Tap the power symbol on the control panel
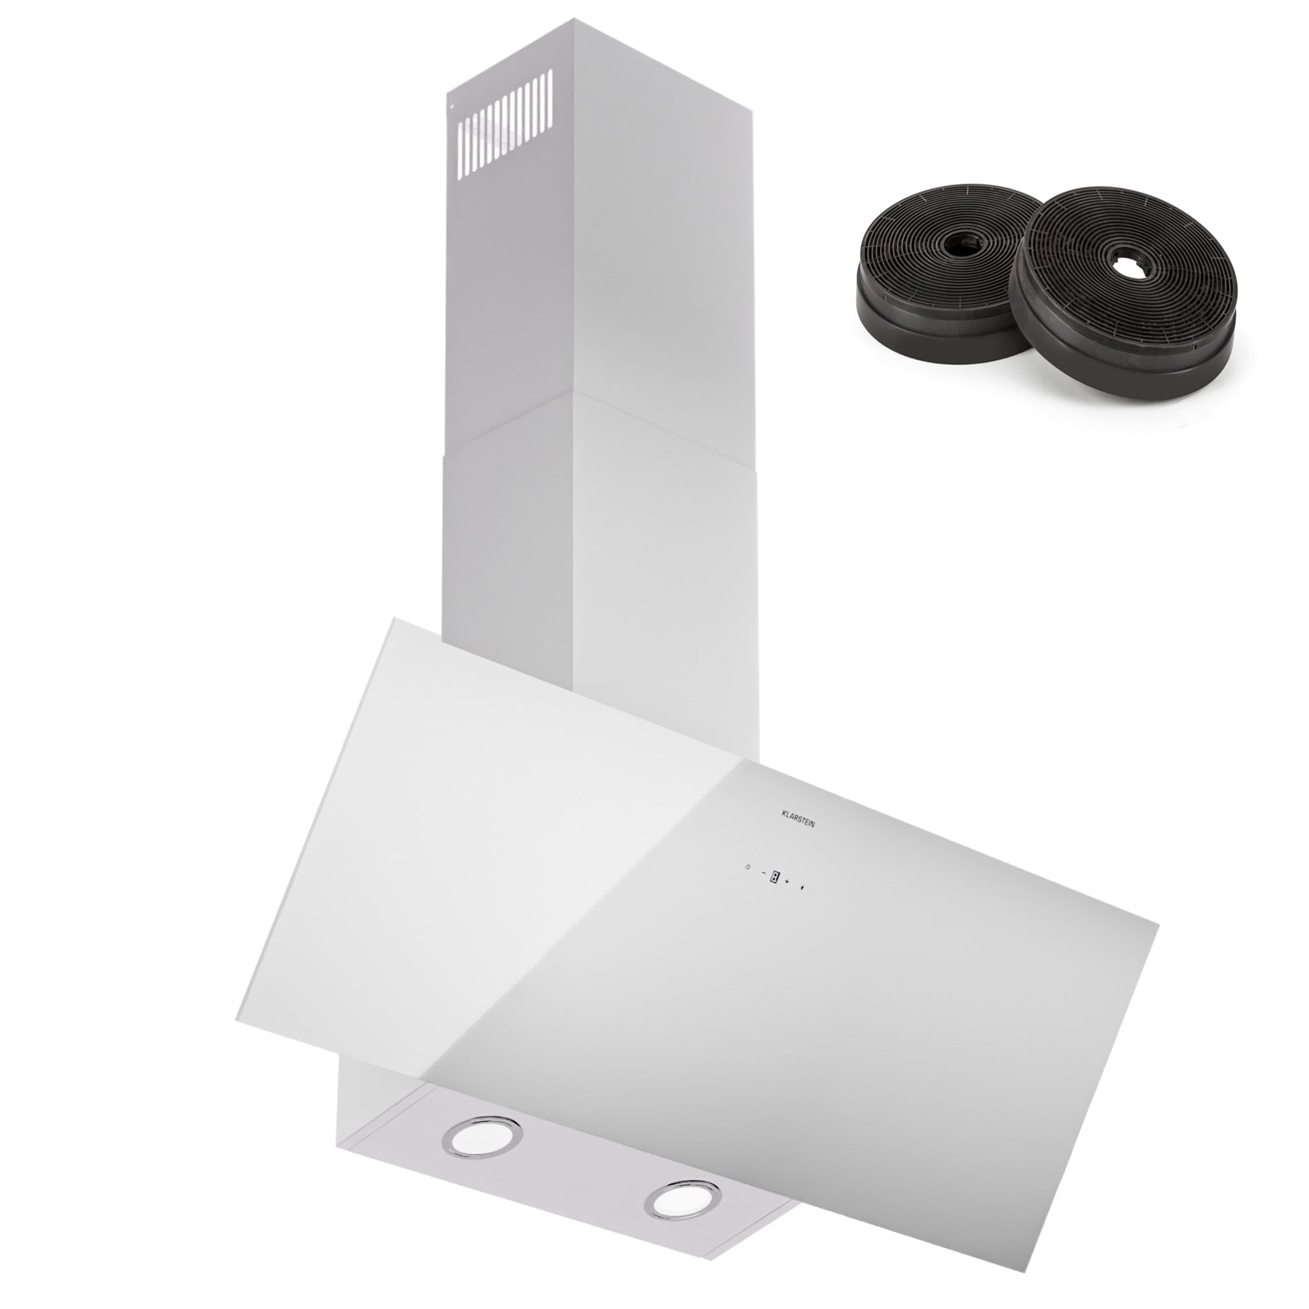tap(747, 867)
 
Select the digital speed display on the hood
tap(774, 878)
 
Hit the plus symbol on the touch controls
tap(788, 881)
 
